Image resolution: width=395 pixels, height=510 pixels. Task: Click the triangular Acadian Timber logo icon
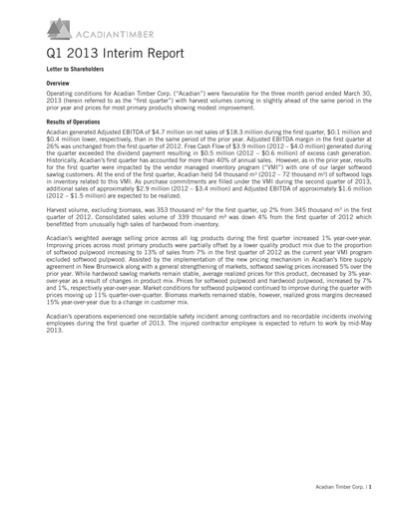(x=35, y=23)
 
